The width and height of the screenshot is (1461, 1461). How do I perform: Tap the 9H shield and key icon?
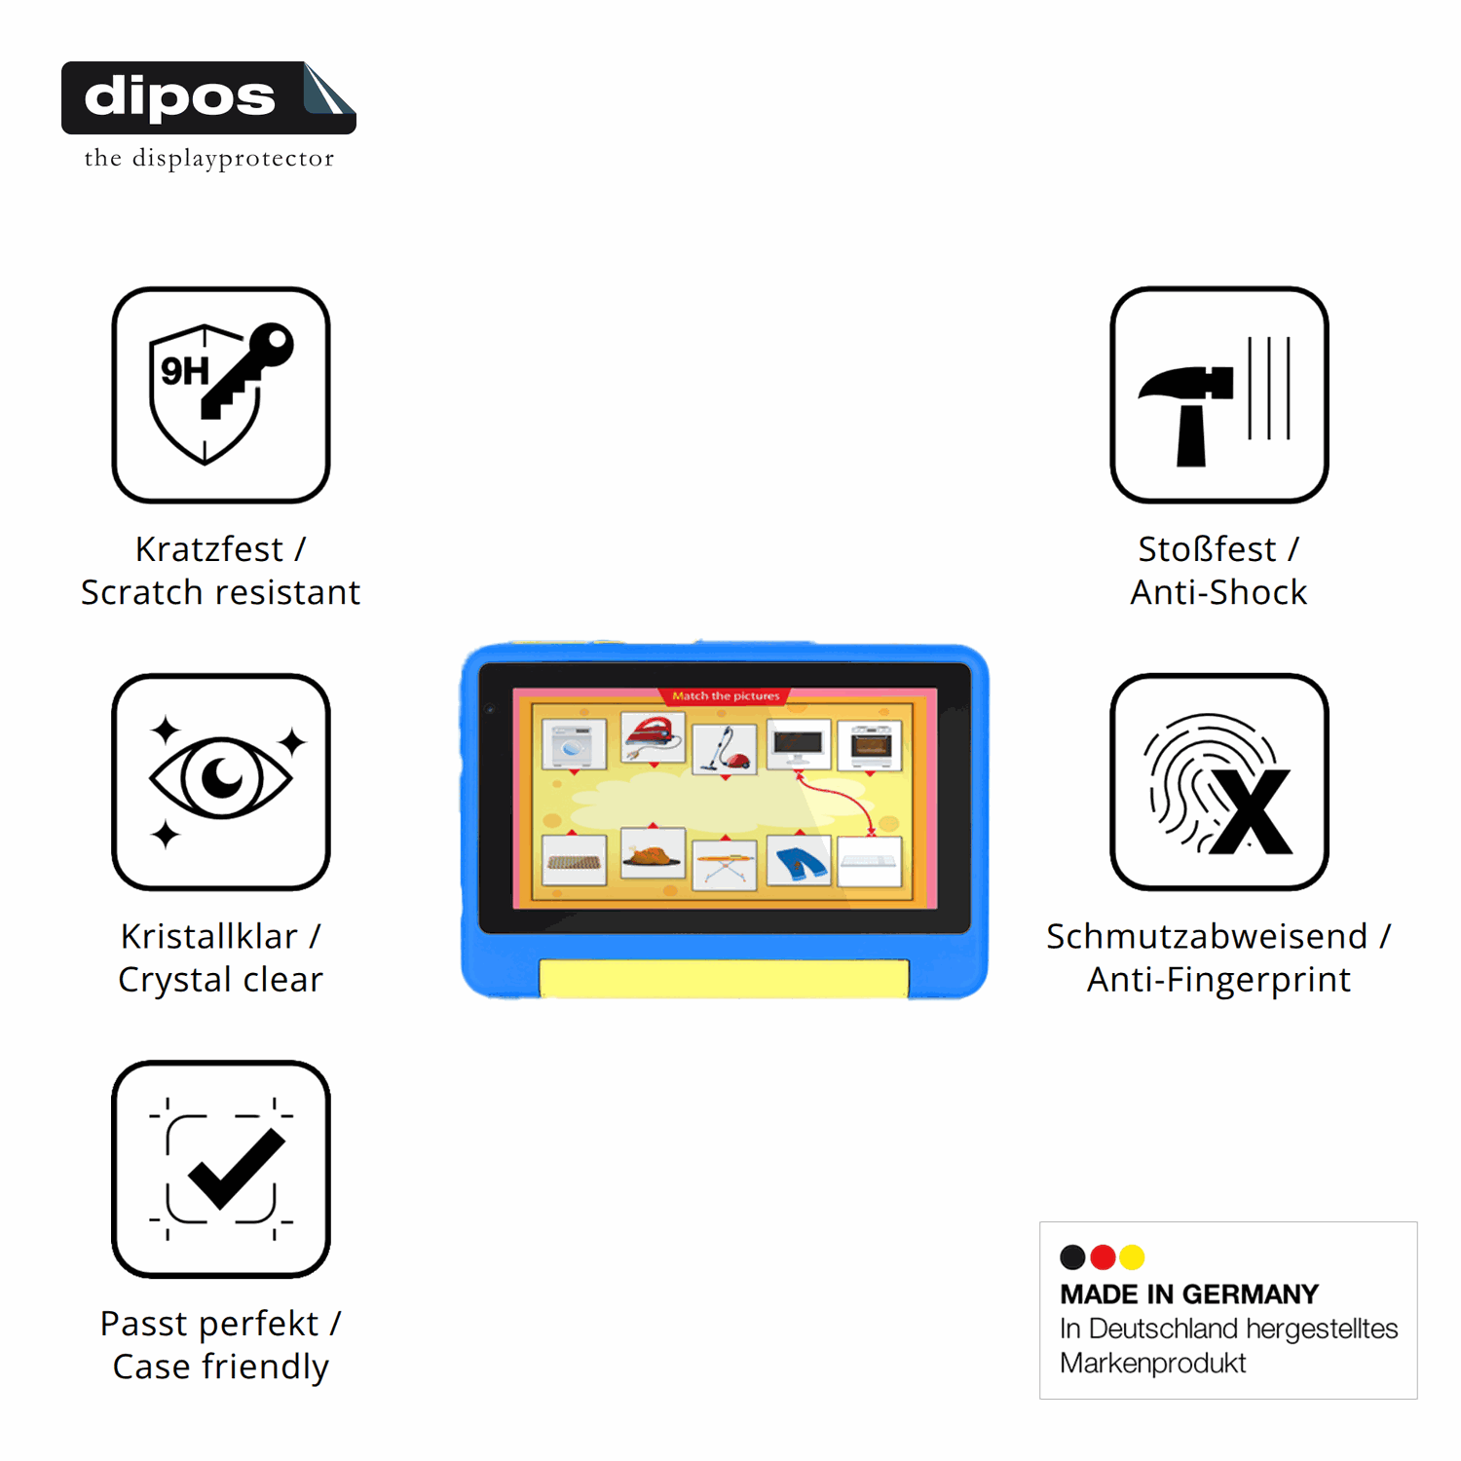tap(221, 394)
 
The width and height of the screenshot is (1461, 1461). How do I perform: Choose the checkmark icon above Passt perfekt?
tap(221, 1169)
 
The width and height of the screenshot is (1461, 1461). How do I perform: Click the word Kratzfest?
tap(209, 549)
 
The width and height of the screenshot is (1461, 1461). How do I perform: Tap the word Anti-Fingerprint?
tap(1219, 980)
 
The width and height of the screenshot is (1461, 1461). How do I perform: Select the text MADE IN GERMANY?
tap(1189, 1294)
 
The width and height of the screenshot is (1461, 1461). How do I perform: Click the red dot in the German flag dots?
tap(1103, 1257)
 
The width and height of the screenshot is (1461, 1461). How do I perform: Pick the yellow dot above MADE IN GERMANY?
tap(1132, 1257)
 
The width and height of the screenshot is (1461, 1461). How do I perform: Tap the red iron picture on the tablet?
tap(653, 738)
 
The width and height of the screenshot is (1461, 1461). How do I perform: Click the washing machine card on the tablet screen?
tap(574, 746)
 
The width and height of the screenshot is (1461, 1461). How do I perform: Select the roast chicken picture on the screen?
tap(653, 853)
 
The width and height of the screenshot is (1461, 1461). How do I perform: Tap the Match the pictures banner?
tap(726, 695)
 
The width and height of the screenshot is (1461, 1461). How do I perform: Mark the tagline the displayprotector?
tap(209, 159)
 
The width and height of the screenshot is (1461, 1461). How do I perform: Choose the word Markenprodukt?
tap(1153, 1364)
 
